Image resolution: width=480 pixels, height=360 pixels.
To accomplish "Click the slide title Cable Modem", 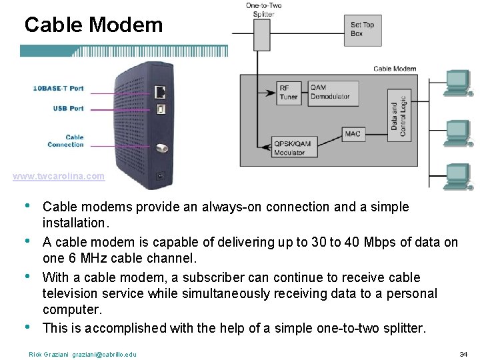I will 93,25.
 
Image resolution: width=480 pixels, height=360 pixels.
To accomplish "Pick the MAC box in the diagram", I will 353,134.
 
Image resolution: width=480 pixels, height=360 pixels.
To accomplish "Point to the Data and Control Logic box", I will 398,115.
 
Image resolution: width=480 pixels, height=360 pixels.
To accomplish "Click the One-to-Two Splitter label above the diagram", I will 263,9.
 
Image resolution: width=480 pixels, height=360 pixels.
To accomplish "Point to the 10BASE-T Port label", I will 58,88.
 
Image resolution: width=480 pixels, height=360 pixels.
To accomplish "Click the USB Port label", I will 68,108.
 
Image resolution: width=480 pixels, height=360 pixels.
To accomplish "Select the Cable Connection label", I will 65,141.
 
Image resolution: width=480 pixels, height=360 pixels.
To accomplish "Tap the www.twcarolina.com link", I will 59,177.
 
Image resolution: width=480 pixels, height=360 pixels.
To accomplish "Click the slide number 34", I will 463,353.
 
